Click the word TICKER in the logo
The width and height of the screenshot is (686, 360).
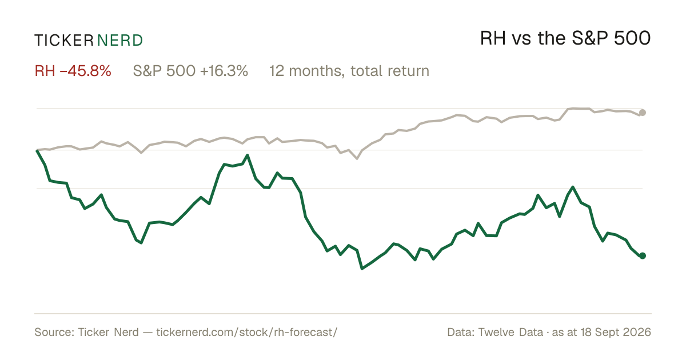pyautogui.click(x=63, y=41)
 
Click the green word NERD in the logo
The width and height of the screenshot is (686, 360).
pyautogui.click(x=119, y=41)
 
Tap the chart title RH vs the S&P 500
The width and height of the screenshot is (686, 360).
pyautogui.click(x=565, y=38)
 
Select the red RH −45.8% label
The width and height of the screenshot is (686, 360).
pyautogui.click(x=73, y=71)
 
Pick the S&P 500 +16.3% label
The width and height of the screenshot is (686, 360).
pyautogui.click(x=190, y=71)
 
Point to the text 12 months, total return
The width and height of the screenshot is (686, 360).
pyautogui.click(x=349, y=71)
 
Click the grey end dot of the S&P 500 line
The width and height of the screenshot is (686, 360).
pyautogui.click(x=643, y=113)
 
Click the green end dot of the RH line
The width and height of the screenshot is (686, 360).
pyautogui.click(x=643, y=255)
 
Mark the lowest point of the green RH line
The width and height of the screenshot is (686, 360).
pyautogui.click(x=362, y=269)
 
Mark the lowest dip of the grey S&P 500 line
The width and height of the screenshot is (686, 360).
pyautogui.click(x=357, y=159)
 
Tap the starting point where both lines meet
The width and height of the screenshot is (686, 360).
pyautogui.click(x=37, y=150)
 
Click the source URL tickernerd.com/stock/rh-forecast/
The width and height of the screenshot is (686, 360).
pyautogui.click(x=247, y=332)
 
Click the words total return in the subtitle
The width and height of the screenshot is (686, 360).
pyautogui.click(x=390, y=71)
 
